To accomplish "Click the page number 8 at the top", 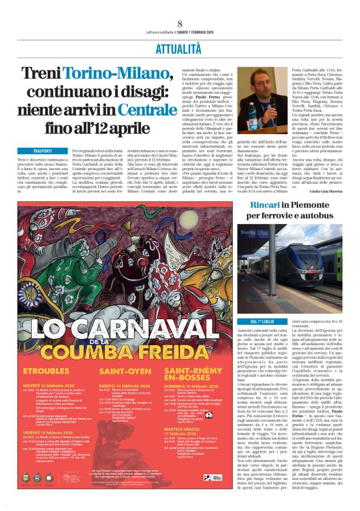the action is tap(179, 24).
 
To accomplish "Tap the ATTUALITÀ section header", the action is tap(179, 47).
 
